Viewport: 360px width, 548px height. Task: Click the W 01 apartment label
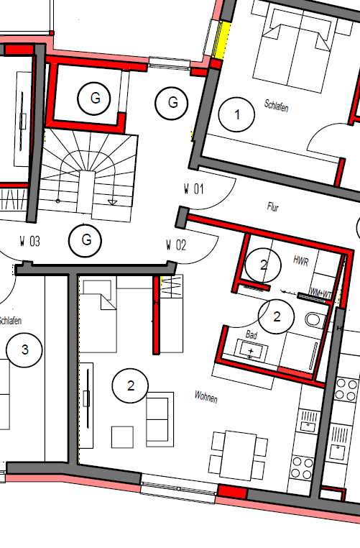tap(193, 190)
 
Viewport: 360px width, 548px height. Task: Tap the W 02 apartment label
tap(176, 245)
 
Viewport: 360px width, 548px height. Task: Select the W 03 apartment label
tap(29, 242)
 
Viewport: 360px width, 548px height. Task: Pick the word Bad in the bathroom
tap(251, 335)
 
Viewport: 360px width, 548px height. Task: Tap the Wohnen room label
tap(206, 396)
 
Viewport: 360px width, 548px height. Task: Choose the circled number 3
tap(25, 350)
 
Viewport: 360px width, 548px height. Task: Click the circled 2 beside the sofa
tap(131, 386)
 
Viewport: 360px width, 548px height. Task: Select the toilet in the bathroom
tap(314, 320)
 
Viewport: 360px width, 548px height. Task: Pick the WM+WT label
tap(320, 293)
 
